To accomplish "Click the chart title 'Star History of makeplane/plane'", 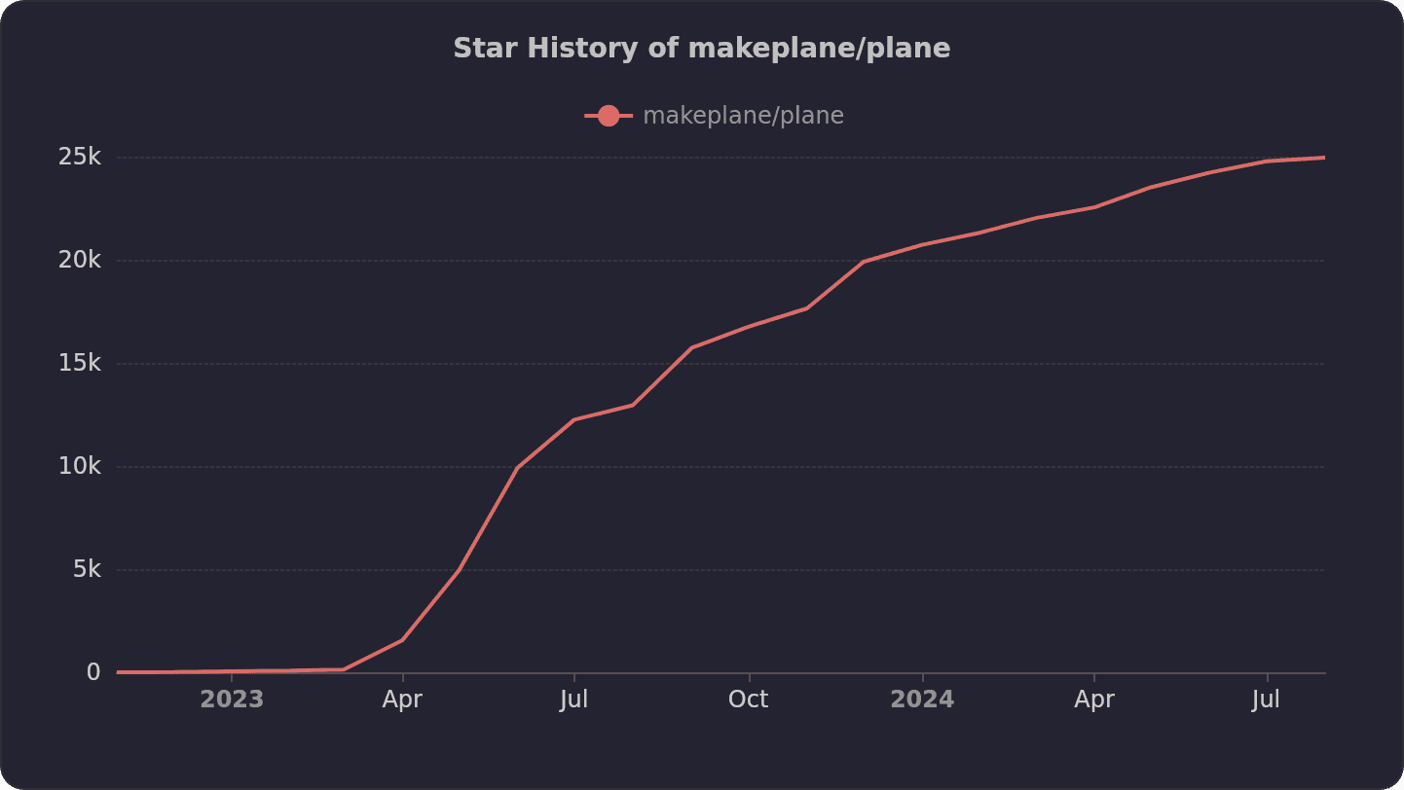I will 701,49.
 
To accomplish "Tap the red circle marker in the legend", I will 609,116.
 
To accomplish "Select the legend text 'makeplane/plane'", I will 743,116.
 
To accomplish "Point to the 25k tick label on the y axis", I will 80,157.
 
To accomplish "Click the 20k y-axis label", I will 80,260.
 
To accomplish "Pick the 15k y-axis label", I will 80,363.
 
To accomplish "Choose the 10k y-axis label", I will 80,466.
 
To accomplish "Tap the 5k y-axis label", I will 87,569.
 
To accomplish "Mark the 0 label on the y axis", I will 93,672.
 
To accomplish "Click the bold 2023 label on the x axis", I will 232,700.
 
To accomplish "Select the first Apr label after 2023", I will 402,700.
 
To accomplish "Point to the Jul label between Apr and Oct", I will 573,700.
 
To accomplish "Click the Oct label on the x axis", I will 749,700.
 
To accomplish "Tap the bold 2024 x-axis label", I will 922,700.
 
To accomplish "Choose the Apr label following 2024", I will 1094,700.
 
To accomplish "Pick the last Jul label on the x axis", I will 1266,700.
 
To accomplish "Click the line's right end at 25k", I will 1323,158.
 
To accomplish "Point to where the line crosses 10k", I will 518,467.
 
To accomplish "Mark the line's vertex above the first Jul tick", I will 573,419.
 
